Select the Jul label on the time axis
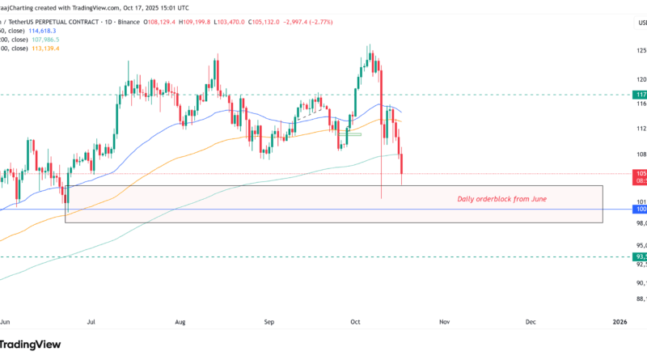click(x=91, y=321)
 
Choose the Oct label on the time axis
click(x=355, y=321)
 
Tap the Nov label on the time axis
click(x=444, y=321)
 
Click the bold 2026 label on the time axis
click(x=619, y=321)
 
